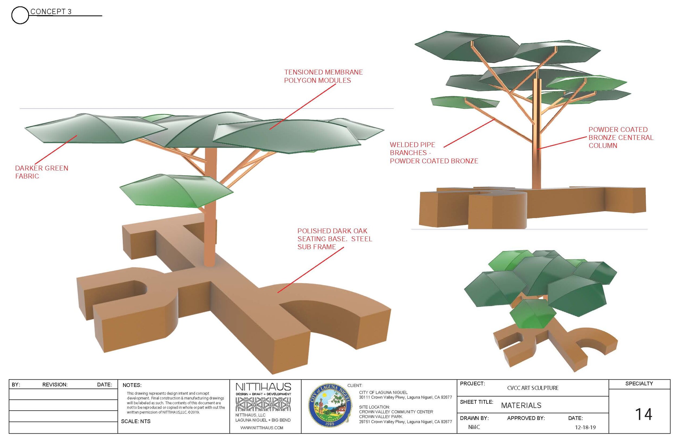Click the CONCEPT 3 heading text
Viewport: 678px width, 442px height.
click(51, 12)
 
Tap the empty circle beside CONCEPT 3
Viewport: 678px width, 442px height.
click(20, 15)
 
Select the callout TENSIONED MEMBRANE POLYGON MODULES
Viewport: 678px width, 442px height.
click(323, 76)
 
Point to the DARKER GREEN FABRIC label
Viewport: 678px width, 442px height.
click(41, 172)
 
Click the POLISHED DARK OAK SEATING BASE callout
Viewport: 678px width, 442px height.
click(335, 239)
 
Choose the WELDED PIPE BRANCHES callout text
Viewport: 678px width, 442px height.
click(434, 153)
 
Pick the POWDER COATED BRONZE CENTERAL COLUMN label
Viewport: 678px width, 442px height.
click(621, 137)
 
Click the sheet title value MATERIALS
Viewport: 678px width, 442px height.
click(521, 406)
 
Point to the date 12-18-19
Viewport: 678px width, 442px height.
click(585, 427)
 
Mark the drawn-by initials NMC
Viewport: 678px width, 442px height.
click(474, 427)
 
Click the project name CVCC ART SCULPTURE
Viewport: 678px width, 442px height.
click(533, 388)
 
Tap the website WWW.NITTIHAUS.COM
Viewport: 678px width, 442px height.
click(261, 428)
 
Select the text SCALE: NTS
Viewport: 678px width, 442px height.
click(136, 421)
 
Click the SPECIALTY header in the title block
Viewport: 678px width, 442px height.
click(639, 384)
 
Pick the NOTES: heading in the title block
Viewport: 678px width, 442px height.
click(132, 385)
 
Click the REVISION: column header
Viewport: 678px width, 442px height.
click(55, 385)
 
